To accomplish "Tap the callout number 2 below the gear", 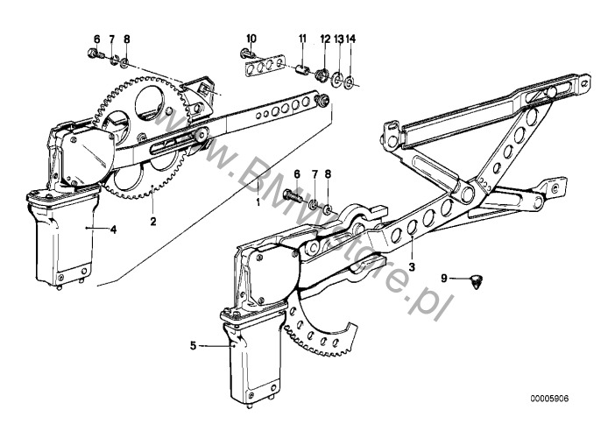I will coord(152,222).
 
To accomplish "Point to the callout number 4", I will coord(113,230).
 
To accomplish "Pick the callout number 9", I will coord(444,278).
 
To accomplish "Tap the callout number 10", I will coord(251,38).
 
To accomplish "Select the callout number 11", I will coord(302,38).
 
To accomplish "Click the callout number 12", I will coord(325,38).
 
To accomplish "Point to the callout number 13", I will coord(338,38).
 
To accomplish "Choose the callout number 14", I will coord(351,38).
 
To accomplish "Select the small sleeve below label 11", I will coord(302,70).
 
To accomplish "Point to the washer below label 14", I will coord(350,83).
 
